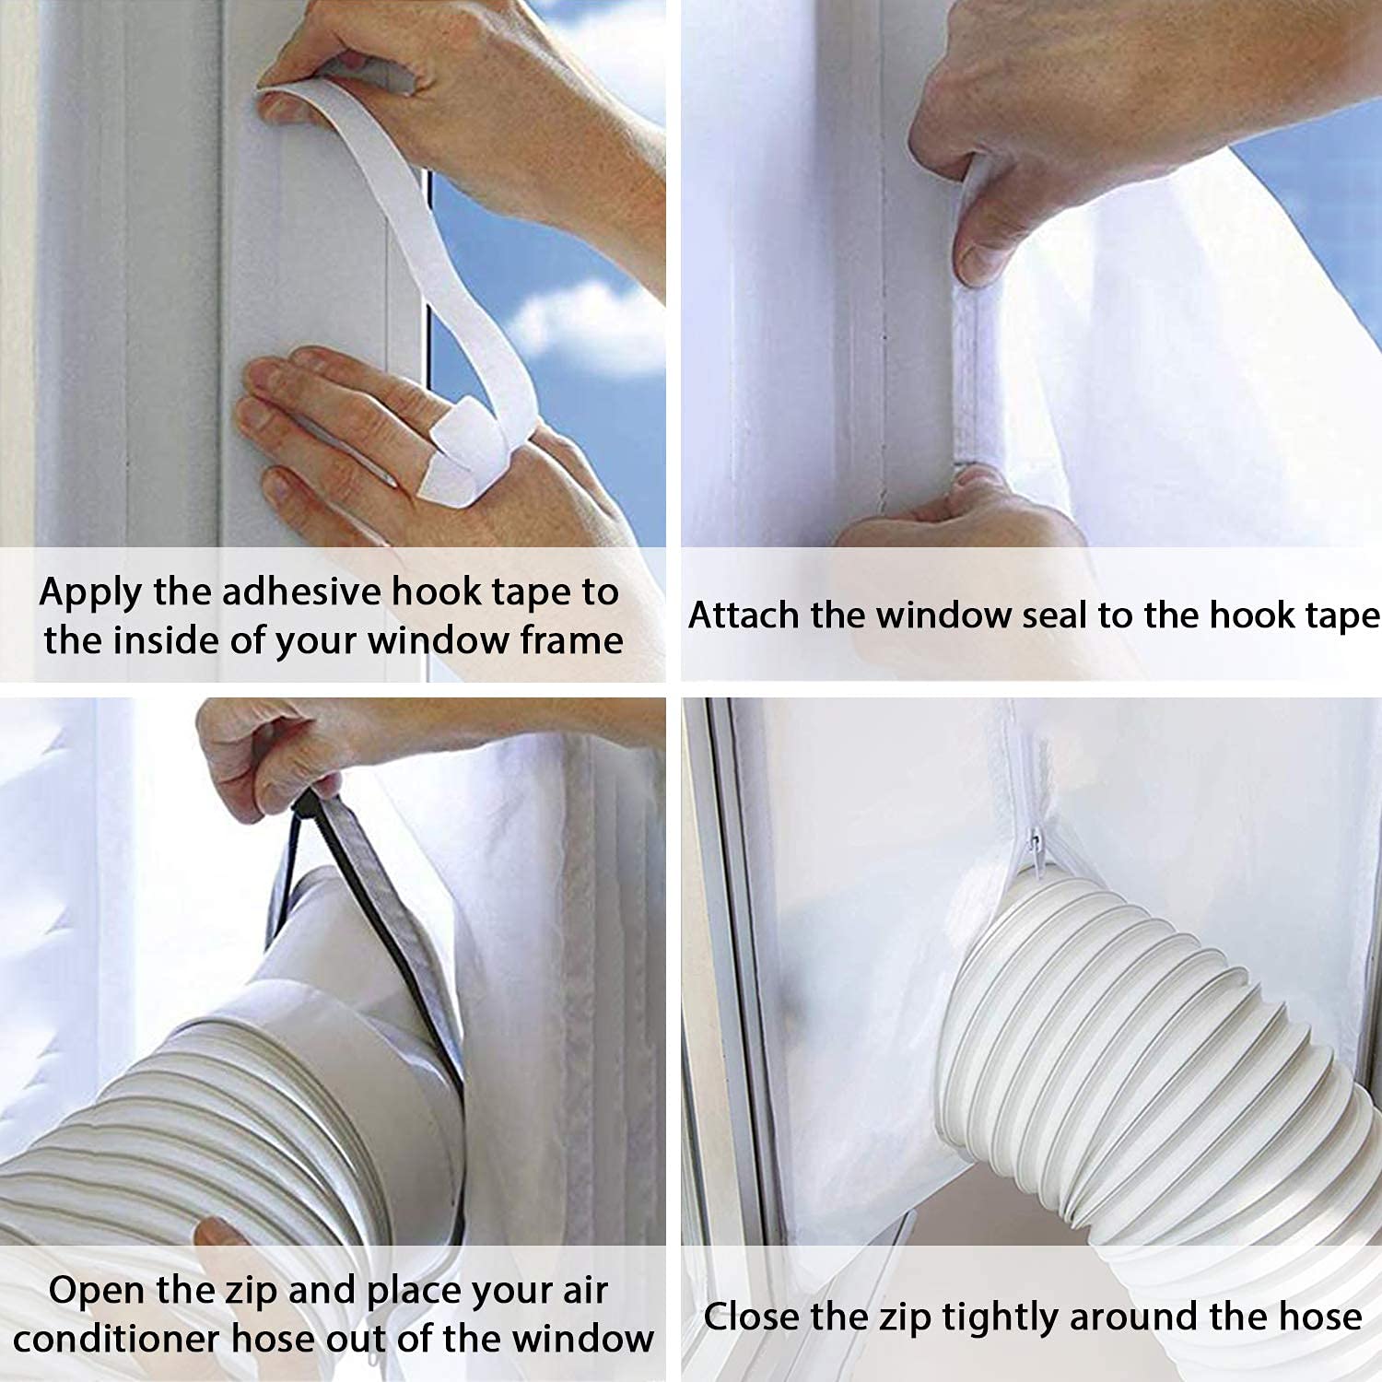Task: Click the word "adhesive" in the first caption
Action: pos(300,591)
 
